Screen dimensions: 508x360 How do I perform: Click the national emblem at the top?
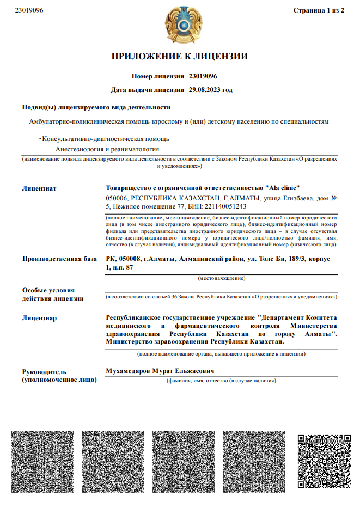pyautogui.click(x=179, y=25)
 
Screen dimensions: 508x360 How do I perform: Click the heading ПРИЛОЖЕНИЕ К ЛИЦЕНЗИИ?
pyautogui.click(x=180, y=56)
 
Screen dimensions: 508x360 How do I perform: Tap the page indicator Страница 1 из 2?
pyautogui.click(x=319, y=10)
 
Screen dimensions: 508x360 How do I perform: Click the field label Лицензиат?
pyautogui.click(x=39, y=188)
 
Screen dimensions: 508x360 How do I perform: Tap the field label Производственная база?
pyautogui.click(x=59, y=259)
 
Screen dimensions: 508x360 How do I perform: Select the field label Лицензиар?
pyautogui.click(x=39, y=317)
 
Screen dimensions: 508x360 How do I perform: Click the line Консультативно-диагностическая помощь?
pyautogui.click(x=106, y=138)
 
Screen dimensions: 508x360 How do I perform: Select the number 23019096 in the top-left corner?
pyautogui.click(x=29, y=10)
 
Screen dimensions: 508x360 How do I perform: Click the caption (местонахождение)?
pyautogui.click(x=221, y=278)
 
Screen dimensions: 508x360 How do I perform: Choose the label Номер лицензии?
pyautogui.click(x=157, y=76)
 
